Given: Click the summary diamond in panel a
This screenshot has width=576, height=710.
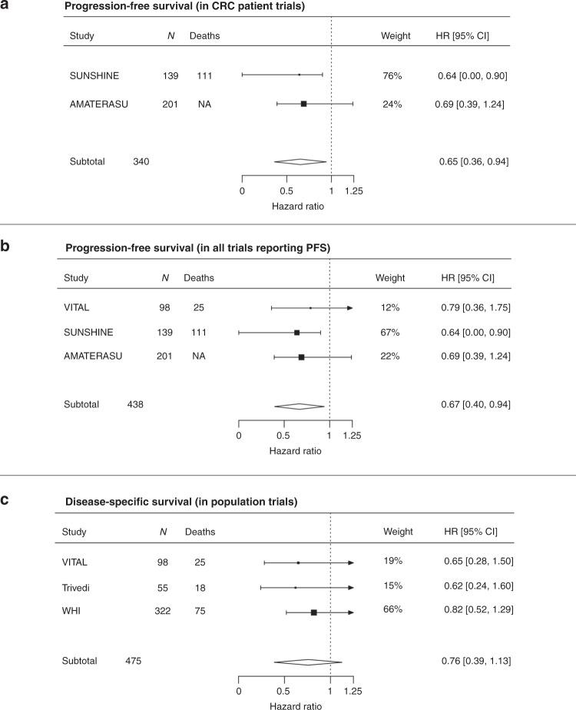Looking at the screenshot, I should coord(300,161).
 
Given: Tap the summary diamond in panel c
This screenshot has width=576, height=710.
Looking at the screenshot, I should coord(307,660).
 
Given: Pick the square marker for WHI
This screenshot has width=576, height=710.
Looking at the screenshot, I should coord(313,612).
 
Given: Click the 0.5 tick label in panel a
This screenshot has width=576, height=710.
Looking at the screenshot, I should coord(286,191).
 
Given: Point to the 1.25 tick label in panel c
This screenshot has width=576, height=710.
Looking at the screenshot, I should coord(353,689).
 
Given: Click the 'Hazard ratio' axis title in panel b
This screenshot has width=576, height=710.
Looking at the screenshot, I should coord(295,450).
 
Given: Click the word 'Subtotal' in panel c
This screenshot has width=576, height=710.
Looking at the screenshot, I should coord(80,660).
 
